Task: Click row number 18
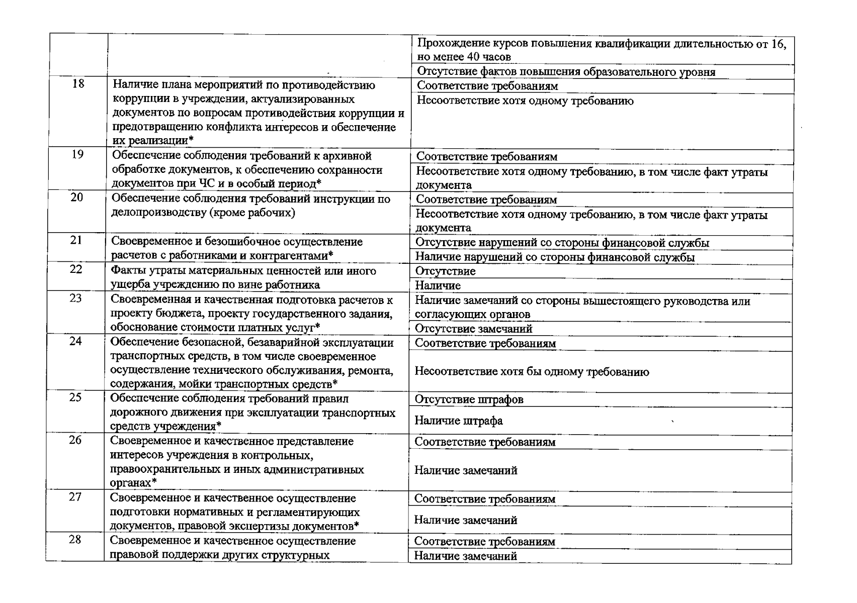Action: pyautogui.click(x=78, y=84)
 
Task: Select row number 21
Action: pyautogui.click(x=76, y=240)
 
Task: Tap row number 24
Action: pyautogui.click(x=75, y=341)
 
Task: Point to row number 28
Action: pyautogui.click(x=75, y=540)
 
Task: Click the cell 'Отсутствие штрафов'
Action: pyautogui.click(x=469, y=399)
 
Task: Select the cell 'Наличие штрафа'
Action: pyautogui.click(x=458, y=421)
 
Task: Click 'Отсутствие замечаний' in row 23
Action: pyautogui.click(x=473, y=329)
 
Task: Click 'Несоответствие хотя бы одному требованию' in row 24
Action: pyautogui.click(x=532, y=372)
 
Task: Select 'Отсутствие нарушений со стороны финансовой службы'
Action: pyautogui.click(x=562, y=243)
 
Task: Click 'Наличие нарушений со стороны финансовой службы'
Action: pyautogui.click(x=555, y=258)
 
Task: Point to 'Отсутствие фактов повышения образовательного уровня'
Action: pyautogui.click(x=566, y=72)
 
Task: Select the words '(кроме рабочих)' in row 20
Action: pyautogui.click(x=253, y=213)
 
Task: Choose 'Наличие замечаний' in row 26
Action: pyautogui.click(x=466, y=471)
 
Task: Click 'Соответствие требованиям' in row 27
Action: pyautogui.click(x=485, y=499)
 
